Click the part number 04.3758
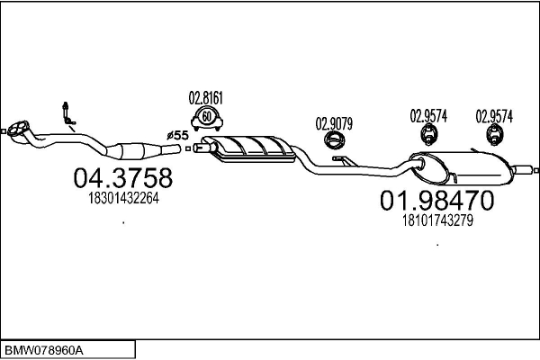[123, 178]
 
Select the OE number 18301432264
[123, 198]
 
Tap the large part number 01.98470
[437, 201]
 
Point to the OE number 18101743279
[437, 220]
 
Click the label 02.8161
[206, 98]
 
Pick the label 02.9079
[334, 124]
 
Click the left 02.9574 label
[428, 116]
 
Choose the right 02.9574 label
[494, 116]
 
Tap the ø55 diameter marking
[177, 135]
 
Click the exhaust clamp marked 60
[207, 119]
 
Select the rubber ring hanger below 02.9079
[335, 140]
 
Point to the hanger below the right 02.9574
[494, 135]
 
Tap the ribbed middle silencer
[248, 148]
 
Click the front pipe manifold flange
[18, 130]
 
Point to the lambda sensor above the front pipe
[67, 113]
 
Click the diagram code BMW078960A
[44, 351]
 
